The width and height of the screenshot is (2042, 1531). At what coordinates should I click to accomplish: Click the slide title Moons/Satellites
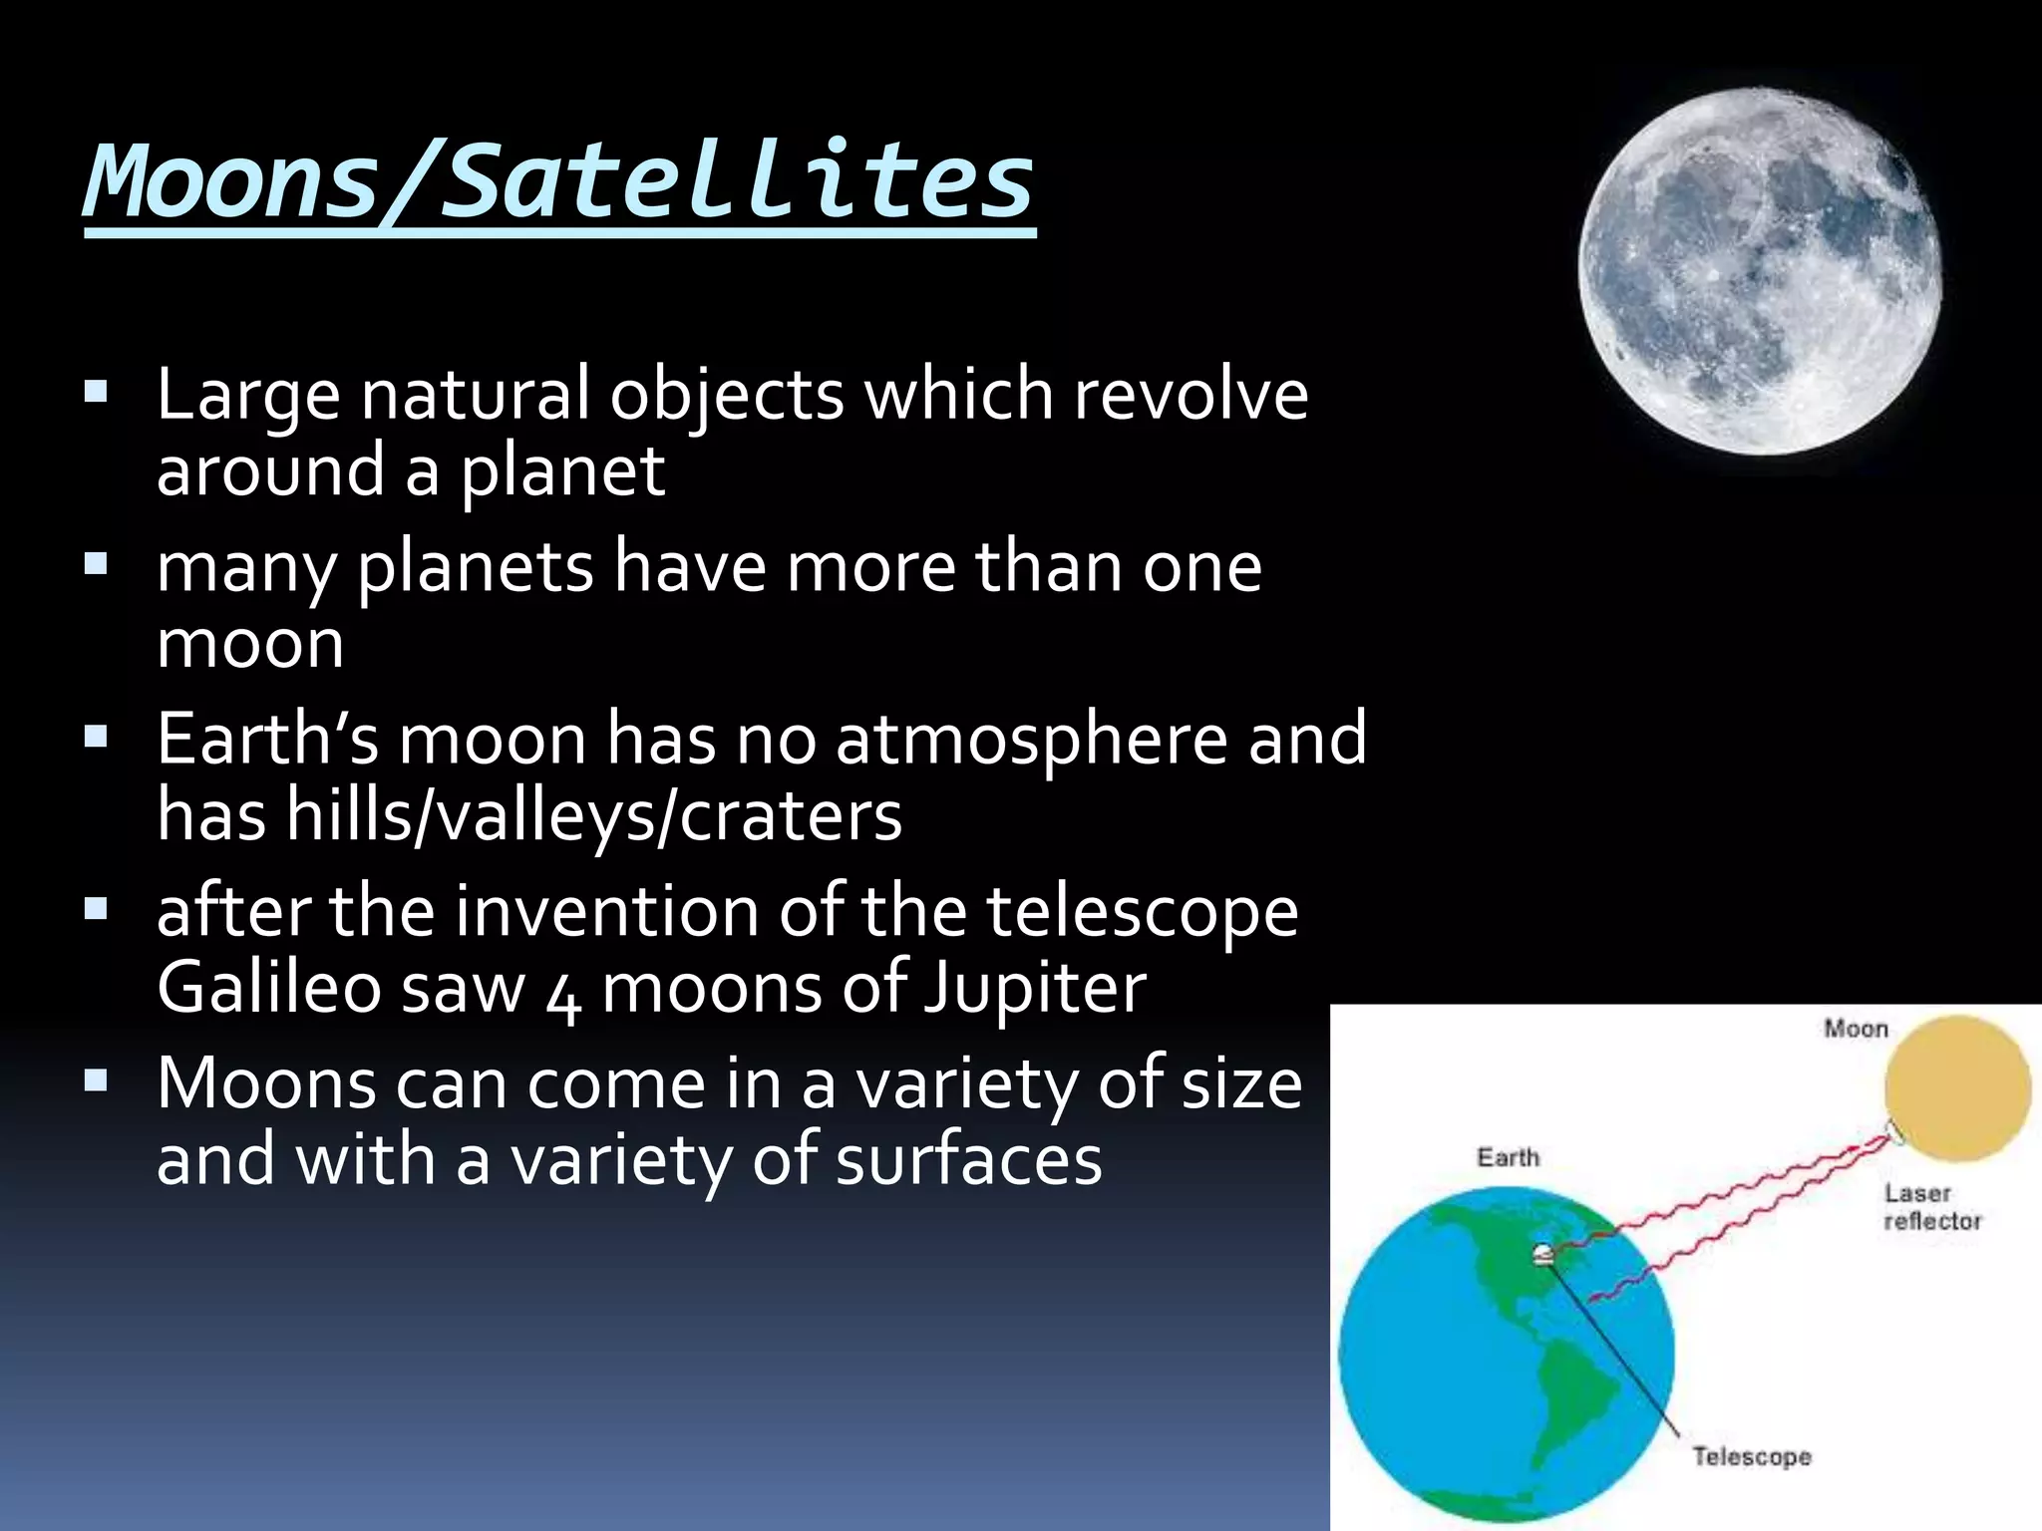click(558, 181)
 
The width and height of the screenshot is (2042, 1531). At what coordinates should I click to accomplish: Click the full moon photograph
click(1760, 271)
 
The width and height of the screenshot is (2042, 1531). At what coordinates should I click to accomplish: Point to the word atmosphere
click(1032, 741)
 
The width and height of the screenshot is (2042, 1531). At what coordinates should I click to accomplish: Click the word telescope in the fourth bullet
click(1143, 912)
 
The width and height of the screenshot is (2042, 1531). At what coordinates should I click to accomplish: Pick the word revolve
click(1191, 394)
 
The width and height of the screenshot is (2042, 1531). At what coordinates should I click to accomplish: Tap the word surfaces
click(968, 1160)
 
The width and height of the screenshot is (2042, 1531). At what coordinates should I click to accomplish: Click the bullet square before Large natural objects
click(96, 391)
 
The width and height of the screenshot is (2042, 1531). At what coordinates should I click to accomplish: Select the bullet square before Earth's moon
click(96, 737)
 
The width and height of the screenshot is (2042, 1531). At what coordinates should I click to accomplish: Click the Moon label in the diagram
click(1856, 1029)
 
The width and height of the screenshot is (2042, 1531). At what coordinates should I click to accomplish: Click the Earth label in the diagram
click(1508, 1157)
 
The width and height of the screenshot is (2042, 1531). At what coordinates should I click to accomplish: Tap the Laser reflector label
click(1931, 1207)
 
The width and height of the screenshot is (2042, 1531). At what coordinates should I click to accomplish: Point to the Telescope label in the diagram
click(1751, 1456)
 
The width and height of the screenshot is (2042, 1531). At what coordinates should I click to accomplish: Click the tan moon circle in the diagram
click(1957, 1088)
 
